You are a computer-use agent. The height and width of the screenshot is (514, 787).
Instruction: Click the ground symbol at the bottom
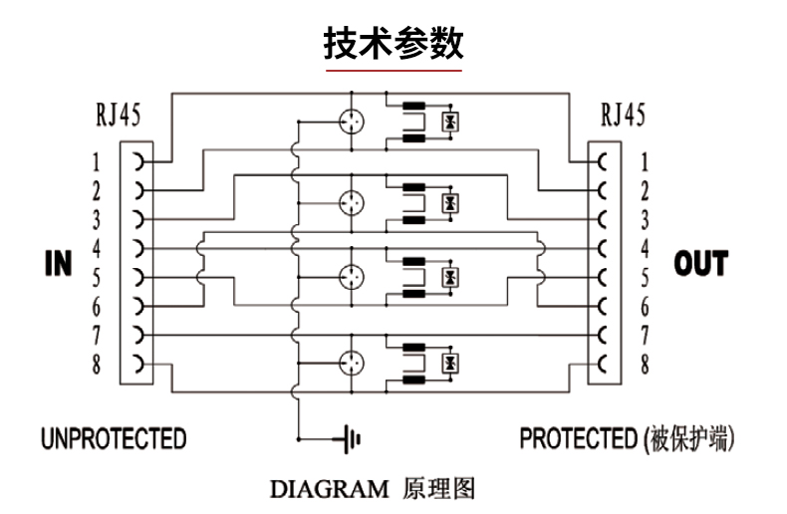pos(351,439)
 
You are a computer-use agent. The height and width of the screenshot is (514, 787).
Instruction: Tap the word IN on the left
pos(59,264)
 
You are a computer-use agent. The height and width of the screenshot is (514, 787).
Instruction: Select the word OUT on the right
pos(701,264)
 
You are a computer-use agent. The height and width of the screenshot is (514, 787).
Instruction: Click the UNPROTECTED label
pos(114,438)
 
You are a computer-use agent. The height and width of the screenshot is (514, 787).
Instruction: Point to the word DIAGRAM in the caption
pos(330,489)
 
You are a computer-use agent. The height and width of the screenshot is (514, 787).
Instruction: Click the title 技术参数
pos(393,44)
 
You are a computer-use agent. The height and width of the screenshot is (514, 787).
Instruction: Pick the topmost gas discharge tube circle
pos(352,122)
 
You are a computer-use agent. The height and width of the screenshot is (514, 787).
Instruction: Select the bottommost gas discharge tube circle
pos(352,363)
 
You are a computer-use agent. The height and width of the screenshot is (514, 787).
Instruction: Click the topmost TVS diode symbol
pos(450,122)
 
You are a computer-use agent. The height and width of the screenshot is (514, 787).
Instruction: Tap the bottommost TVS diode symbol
pos(450,363)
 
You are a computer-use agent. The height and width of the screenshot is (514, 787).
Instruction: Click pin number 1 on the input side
pos(97,162)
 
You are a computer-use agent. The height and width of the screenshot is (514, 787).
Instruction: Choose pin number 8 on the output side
pos(645,365)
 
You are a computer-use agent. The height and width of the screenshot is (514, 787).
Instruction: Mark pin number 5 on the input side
pos(97,278)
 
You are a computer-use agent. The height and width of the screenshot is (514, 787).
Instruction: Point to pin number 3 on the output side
pos(645,220)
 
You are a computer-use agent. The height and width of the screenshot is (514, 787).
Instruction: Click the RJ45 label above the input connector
pos(118,115)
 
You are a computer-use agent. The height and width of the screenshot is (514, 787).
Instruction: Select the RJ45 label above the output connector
pos(623,115)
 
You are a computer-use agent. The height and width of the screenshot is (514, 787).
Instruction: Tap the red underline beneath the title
pos(393,71)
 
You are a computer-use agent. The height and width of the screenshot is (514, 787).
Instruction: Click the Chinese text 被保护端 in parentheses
pos(687,438)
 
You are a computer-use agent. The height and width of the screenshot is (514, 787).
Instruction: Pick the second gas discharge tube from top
pos(352,203)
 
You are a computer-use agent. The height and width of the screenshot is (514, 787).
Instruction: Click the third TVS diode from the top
pos(450,277)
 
